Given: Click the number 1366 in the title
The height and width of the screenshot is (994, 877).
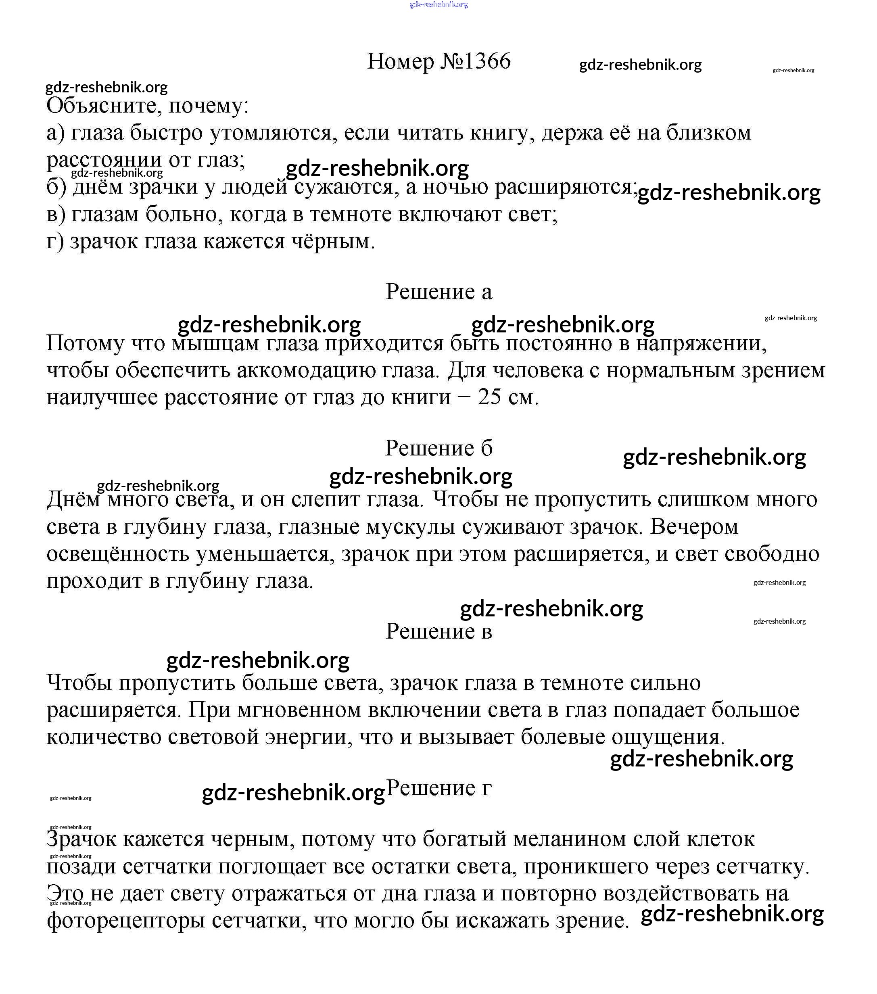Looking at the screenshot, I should click(487, 61).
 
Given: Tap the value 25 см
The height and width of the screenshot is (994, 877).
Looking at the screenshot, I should click(508, 397).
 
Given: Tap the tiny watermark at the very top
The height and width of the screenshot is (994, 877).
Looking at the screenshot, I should click(438, 4).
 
